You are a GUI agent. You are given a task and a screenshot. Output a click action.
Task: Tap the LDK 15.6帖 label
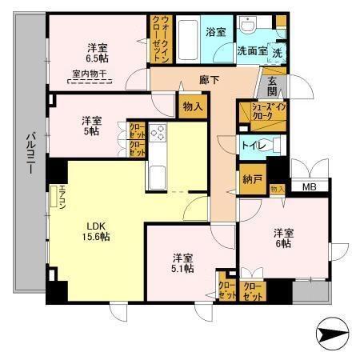(x=94, y=230)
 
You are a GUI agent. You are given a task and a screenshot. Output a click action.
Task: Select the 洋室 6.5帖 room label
(x=97, y=52)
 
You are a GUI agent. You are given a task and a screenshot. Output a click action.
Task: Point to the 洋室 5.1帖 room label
(x=181, y=263)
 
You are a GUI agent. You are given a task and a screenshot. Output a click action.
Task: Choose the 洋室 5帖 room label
(x=91, y=126)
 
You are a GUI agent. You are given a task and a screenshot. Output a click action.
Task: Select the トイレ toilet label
(x=251, y=145)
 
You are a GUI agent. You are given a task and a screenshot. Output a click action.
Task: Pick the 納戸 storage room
(x=251, y=179)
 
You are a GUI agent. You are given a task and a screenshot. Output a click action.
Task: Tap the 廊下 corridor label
(x=210, y=81)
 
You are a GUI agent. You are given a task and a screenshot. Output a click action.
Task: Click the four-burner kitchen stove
(x=156, y=134)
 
